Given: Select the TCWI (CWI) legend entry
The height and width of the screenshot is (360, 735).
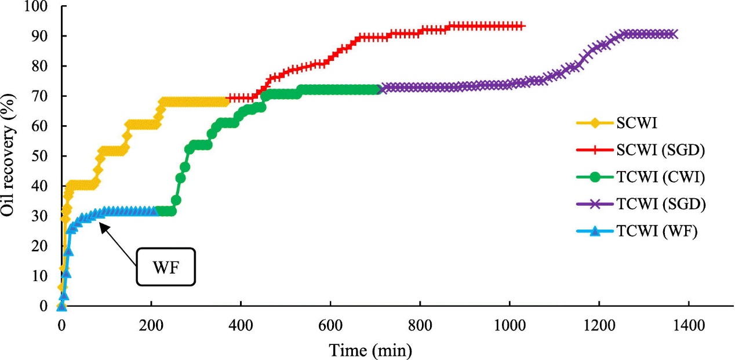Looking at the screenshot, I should tap(659, 177).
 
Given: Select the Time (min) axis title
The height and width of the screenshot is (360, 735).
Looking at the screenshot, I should tap(370, 350).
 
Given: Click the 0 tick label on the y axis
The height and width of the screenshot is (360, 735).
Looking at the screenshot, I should tap(44, 306).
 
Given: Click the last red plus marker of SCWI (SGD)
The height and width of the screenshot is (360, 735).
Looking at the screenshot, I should tap(522, 26).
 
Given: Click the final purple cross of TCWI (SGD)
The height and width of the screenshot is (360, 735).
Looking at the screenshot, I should tap(673, 34).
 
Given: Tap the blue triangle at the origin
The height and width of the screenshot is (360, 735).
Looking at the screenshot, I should tap(61, 306).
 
